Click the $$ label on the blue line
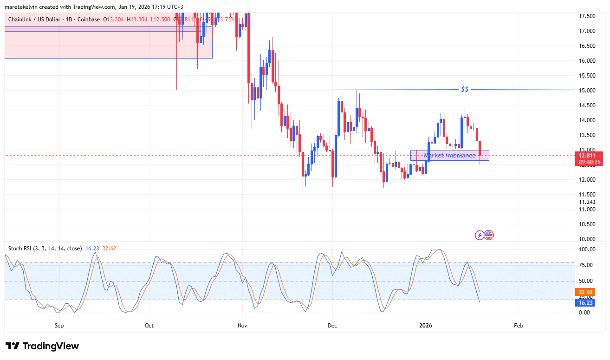[x=465, y=89]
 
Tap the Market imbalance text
[x=449, y=155]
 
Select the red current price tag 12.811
[x=589, y=155]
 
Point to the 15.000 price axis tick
[x=587, y=90]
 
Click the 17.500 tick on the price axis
[x=587, y=16]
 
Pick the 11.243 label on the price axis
[x=587, y=202]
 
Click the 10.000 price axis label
[x=587, y=239]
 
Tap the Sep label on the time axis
[x=59, y=326]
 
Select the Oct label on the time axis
[x=149, y=326]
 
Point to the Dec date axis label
[x=332, y=326]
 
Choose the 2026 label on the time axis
[x=426, y=326]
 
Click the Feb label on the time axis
[x=519, y=326]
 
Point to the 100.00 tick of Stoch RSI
[x=586, y=249]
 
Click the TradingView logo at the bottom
[x=42, y=346]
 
